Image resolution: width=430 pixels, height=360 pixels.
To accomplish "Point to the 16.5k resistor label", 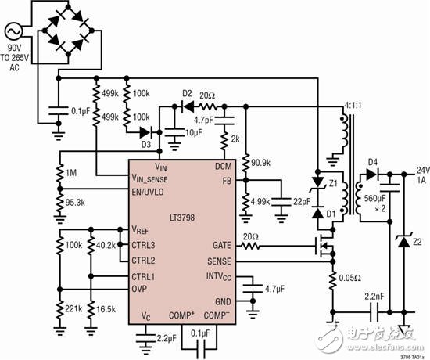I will pyautogui.click(x=105, y=310).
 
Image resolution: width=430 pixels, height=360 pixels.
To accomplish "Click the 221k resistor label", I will pyautogui.click(x=73, y=310).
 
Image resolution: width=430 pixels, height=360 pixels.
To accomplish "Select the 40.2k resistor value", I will pyautogui.click(x=106, y=245).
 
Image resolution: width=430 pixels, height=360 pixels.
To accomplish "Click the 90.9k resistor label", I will pyautogui.click(x=260, y=163).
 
